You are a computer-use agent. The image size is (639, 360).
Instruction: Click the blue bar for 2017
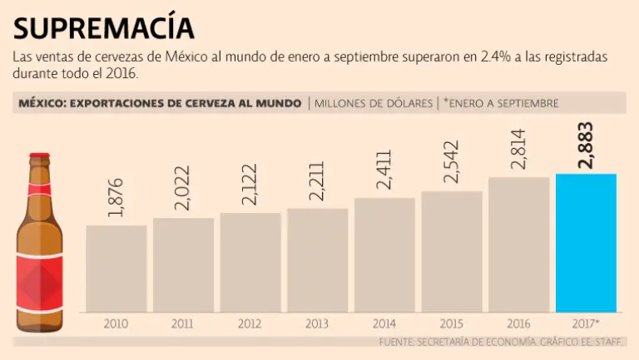pos(586,243)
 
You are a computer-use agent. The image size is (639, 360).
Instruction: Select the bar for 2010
pos(116,269)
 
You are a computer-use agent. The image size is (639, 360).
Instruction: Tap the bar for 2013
pos(317,259)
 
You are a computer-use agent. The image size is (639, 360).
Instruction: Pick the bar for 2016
pos(518,244)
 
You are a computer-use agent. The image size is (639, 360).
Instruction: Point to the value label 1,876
pos(116,197)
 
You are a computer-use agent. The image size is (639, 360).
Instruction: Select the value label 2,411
pos(384,170)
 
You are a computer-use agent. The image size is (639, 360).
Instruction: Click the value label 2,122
pos(250,185)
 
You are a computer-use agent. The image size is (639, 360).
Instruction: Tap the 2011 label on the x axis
pos(183,323)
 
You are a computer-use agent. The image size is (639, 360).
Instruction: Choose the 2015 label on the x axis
pos(451,323)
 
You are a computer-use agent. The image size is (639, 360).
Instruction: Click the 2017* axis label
pos(587,323)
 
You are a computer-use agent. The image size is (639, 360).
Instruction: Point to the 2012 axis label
pos(250,323)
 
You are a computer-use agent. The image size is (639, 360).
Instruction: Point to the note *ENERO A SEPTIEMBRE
pos(501,103)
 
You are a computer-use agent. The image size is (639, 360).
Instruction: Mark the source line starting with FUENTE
pos(503,342)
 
